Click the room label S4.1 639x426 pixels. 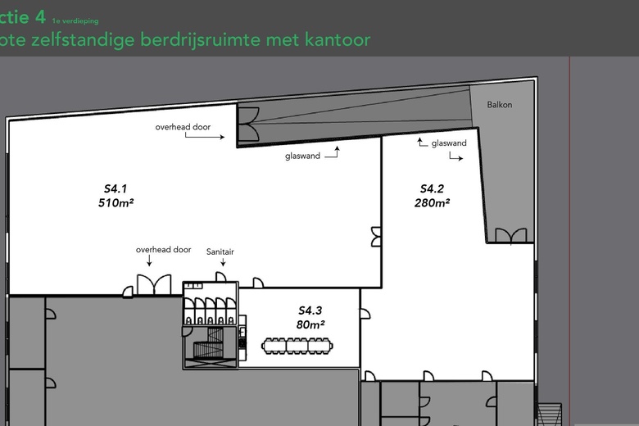[x=116, y=188]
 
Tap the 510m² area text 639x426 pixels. [x=116, y=202]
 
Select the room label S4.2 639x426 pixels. [x=432, y=188]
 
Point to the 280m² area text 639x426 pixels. [x=432, y=202]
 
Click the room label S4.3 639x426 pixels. [x=310, y=310]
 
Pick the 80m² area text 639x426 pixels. [x=310, y=324]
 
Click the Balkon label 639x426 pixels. [x=500, y=105]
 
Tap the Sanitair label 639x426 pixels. [x=220, y=252]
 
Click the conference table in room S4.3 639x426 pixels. [x=297, y=346]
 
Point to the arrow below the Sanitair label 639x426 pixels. [x=223, y=261]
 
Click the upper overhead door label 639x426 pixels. [x=183, y=127]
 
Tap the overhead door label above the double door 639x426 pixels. [x=163, y=250]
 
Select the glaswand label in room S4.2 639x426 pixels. [x=449, y=143]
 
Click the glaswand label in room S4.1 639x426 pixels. [x=303, y=156]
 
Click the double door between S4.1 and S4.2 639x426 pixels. [x=376, y=237]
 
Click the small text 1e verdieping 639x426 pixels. [x=75, y=20]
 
